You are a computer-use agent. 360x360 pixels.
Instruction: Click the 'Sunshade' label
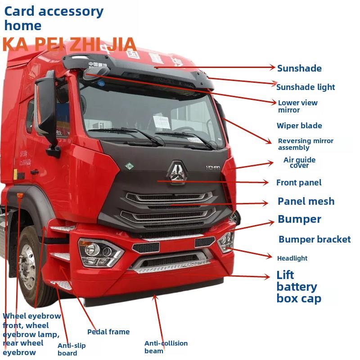(x=299, y=68)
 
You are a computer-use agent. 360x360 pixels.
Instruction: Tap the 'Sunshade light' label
(x=306, y=87)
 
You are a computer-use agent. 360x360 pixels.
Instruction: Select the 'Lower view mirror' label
(x=297, y=106)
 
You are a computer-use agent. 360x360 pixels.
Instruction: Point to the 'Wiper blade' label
(x=299, y=126)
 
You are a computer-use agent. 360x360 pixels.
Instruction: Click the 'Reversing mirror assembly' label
(x=306, y=144)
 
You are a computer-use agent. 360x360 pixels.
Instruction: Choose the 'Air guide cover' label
(x=299, y=162)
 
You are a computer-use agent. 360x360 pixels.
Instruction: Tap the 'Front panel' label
(x=299, y=182)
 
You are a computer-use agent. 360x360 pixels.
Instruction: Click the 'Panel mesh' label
(x=306, y=201)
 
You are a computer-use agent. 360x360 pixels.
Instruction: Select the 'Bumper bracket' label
(x=314, y=239)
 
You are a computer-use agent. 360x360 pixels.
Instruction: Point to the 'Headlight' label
(x=292, y=258)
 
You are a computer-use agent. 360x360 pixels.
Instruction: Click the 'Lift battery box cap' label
(x=298, y=287)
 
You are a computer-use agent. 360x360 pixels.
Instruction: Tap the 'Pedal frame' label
(x=108, y=332)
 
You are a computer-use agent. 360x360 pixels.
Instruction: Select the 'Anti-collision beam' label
(x=166, y=347)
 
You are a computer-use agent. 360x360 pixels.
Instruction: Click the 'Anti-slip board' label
(x=71, y=349)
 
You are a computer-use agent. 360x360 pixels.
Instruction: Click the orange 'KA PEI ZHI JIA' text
(x=69, y=44)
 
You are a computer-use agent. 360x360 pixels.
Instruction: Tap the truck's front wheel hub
(x=28, y=267)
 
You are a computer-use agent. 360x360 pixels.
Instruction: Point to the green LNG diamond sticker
(x=130, y=166)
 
